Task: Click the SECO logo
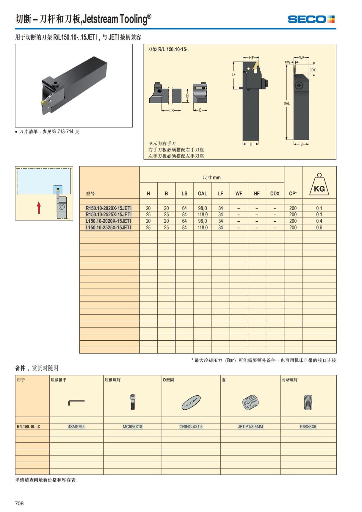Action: click(311, 19)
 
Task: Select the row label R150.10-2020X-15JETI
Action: click(109, 208)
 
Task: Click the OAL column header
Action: click(202, 193)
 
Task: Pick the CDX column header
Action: click(275, 193)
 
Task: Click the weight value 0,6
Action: click(319, 227)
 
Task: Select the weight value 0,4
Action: click(319, 221)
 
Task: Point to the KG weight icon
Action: click(319, 185)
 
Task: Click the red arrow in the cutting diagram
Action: click(39, 208)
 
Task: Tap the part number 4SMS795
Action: click(76, 427)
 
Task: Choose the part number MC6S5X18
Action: click(132, 427)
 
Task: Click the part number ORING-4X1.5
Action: click(191, 427)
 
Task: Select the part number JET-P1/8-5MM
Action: click(250, 427)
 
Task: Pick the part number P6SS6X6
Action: click(308, 427)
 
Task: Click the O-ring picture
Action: click(191, 402)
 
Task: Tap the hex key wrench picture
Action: click(76, 402)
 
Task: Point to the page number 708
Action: click(19, 503)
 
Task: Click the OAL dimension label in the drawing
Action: click(287, 103)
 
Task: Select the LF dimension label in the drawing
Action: click(234, 75)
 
